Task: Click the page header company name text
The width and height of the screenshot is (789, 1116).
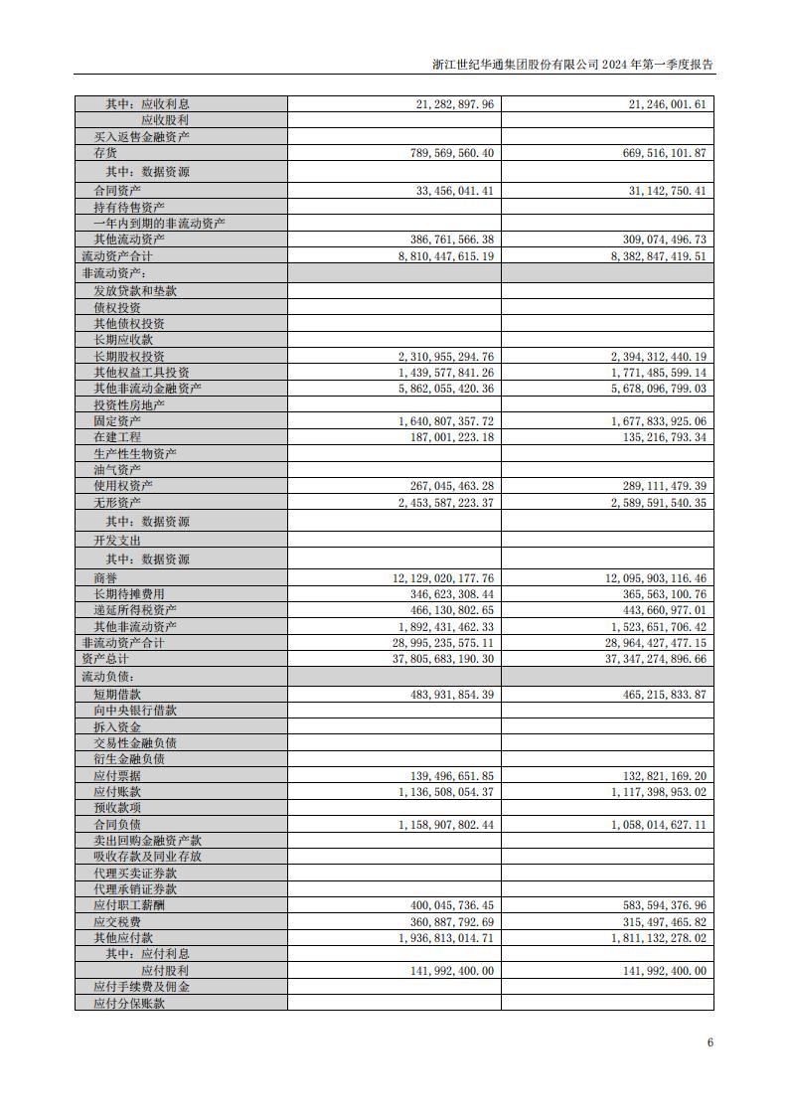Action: coord(573,63)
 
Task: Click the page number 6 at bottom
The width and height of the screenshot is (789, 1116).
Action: coord(710,1042)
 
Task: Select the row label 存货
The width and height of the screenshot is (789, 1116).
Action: coord(105,152)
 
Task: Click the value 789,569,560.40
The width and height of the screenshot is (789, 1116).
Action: coord(445,152)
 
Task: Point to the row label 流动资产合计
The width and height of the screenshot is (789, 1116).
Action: coord(117,255)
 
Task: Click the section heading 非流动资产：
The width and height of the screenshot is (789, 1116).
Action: coord(113,272)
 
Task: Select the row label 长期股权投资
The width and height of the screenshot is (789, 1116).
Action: coord(129,357)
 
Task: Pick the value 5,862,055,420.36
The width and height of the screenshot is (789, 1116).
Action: coord(445,389)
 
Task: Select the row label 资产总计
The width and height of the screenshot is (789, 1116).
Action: coord(105,659)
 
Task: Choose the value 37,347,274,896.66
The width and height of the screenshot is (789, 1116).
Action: coord(651,659)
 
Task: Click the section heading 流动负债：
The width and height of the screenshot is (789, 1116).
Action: coord(107,676)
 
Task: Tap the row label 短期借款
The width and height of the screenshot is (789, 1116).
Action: coord(117,695)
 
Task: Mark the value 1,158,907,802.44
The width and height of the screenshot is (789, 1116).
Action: coord(445,825)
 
